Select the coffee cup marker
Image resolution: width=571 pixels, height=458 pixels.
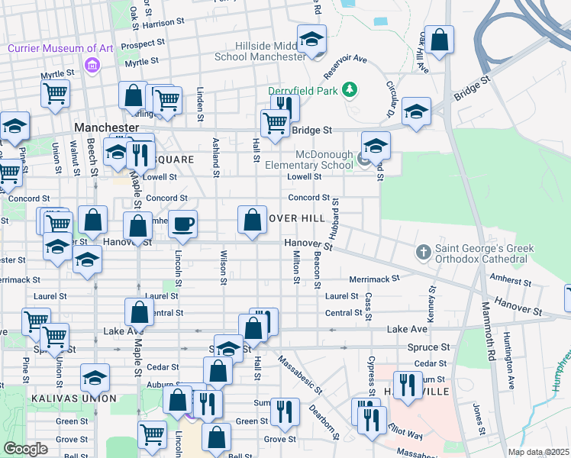pyautogui.click(x=182, y=224)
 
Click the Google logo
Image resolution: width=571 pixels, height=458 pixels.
pyautogui.click(x=25, y=449)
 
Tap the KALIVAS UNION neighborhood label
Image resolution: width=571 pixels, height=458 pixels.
pyautogui.click(x=74, y=398)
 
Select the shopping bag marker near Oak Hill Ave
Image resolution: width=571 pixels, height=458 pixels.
pyautogui.click(x=439, y=40)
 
